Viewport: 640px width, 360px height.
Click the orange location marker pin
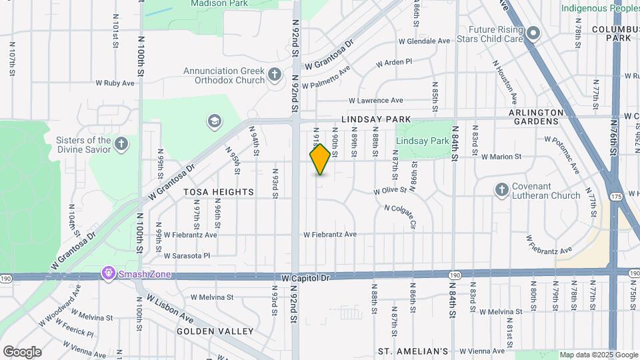(321, 159)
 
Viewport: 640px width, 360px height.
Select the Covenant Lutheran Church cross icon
(502, 191)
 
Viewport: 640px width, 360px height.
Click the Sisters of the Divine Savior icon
(121, 144)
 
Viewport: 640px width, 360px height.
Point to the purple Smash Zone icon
(108, 273)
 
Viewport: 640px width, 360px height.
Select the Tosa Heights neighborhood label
(219, 192)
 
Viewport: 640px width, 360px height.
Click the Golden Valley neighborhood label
(215, 331)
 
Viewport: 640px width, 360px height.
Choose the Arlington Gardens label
(536, 117)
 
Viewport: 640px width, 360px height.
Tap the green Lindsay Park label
(422, 141)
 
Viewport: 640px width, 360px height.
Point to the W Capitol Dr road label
(306, 277)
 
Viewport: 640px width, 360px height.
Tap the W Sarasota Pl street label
(187, 255)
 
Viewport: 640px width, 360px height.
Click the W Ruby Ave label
(116, 83)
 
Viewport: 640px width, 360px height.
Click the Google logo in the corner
(22, 351)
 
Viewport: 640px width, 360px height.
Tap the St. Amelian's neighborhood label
(413, 351)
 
